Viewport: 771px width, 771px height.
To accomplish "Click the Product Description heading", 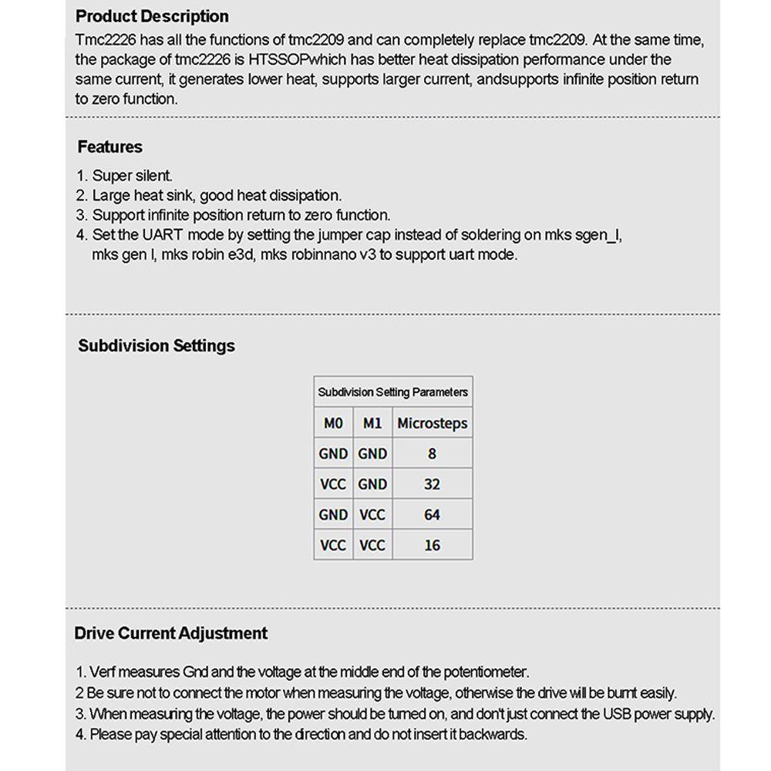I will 152,16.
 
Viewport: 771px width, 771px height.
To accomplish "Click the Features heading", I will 110,146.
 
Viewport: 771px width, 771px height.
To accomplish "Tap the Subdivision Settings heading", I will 157,345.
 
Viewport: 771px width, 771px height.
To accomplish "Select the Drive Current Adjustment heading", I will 170,633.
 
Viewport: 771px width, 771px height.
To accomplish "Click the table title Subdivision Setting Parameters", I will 392,392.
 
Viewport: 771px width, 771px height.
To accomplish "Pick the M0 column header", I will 333,423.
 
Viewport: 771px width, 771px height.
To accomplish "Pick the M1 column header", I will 372,423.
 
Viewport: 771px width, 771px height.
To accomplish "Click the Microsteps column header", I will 432,423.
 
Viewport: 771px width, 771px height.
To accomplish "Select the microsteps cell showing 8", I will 432,453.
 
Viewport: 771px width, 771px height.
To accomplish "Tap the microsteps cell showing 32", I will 432,484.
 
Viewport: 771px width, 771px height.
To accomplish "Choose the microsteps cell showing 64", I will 432,514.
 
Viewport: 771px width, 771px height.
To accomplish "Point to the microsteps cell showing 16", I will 432,545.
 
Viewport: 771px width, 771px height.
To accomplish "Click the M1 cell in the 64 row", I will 372,514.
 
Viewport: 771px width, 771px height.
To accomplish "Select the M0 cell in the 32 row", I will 333,484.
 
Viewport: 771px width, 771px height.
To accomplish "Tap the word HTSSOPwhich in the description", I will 278,59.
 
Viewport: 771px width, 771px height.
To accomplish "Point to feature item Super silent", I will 133,176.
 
